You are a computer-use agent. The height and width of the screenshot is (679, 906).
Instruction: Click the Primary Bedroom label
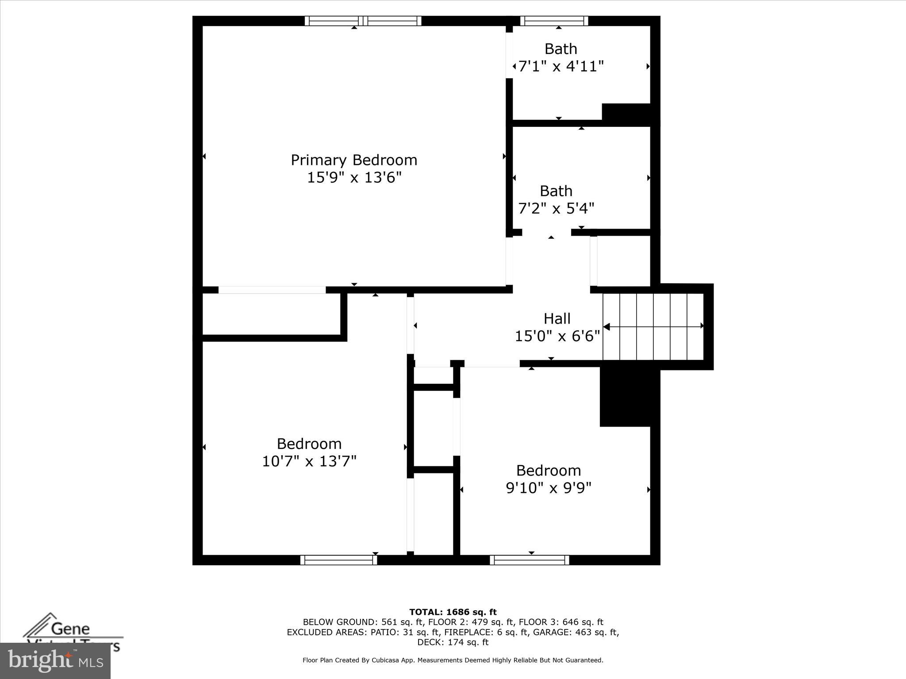pyautogui.click(x=354, y=160)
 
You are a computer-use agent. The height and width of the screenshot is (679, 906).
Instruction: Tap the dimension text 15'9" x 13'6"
pyautogui.click(x=354, y=178)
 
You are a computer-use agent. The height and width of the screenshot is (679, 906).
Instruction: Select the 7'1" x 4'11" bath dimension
pyautogui.click(x=560, y=67)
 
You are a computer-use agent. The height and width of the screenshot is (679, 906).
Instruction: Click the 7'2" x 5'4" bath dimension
pyautogui.click(x=556, y=208)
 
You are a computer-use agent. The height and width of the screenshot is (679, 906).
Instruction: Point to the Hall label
pyautogui.click(x=557, y=319)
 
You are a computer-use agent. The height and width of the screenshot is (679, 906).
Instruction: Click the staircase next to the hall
pyautogui.click(x=653, y=327)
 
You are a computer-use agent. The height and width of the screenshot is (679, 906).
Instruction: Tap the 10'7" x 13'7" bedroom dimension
pyautogui.click(x=309, y=462)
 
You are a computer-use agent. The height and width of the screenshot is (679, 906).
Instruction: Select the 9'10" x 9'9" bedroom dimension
pyautogui.click(x=549, y=488)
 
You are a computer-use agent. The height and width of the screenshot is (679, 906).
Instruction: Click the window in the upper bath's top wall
pyautogui.click(x=554, y=21)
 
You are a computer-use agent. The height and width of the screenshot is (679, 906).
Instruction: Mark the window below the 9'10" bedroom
pyautogui.click(x=529, y=560)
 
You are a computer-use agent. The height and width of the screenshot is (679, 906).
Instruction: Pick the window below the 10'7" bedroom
pyautogui.click(x=338, y=560)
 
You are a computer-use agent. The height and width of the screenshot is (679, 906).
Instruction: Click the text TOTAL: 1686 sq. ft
pyautogui.click(x=453, y=612)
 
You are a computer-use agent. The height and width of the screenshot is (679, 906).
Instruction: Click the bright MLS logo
pyautogui.click(x=55, y=661)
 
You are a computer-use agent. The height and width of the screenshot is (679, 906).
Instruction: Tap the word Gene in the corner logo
pyautogui.click(x=70, y=628)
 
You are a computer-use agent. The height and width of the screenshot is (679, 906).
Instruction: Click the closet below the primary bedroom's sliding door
pyautogui.click(x=271, y=314)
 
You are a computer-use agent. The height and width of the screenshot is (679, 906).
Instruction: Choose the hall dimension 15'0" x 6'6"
pyautogui.click(x=557, y=336)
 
